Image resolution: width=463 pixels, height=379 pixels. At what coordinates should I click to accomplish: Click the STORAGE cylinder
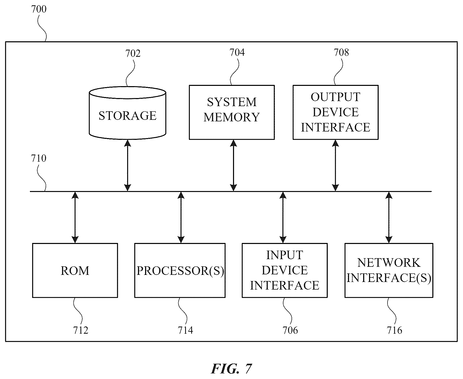(x=127, y=113)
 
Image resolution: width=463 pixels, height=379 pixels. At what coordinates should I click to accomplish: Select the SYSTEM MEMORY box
(x=232, y=112)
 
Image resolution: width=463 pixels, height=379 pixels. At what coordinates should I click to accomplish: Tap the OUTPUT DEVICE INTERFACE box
(x=336, y=112)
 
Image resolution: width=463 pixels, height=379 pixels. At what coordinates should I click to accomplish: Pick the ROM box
(x=75, y=270)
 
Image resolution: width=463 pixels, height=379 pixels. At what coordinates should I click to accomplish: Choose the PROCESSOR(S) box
(x=180, y=270)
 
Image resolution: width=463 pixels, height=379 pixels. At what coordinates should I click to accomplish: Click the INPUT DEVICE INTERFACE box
(x=285, y=270)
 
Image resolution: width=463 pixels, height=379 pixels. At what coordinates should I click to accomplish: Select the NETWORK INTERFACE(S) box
(x=389, y=270)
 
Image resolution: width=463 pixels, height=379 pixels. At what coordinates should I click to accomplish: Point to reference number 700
(x=39, y=9)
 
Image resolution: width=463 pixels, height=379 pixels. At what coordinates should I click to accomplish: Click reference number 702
(x=133, y=53)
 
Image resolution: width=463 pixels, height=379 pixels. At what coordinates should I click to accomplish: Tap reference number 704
(x=237, y=52)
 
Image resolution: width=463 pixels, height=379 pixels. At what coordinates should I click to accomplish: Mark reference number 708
(x=341, y=52)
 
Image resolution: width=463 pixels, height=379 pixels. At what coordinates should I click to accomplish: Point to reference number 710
(x=38, y=158)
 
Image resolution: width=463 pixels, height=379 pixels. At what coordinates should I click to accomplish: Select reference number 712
(x=81, y=330)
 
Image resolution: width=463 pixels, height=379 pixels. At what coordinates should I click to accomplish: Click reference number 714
(x=185, y=330)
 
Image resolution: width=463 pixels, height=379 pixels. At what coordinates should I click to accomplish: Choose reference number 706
(x=290, y=330)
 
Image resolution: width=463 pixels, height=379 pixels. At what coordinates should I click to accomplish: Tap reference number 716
(x=395, y=330)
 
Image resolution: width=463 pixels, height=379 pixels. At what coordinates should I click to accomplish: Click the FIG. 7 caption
(x=231, y=369)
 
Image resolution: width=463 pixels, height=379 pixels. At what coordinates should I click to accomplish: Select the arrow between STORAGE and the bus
(x=128, y=165)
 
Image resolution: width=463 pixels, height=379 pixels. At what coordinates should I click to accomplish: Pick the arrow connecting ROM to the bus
(x=75, y=217)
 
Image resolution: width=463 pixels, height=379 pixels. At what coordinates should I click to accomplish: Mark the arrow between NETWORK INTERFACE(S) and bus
(x=389, y=217)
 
